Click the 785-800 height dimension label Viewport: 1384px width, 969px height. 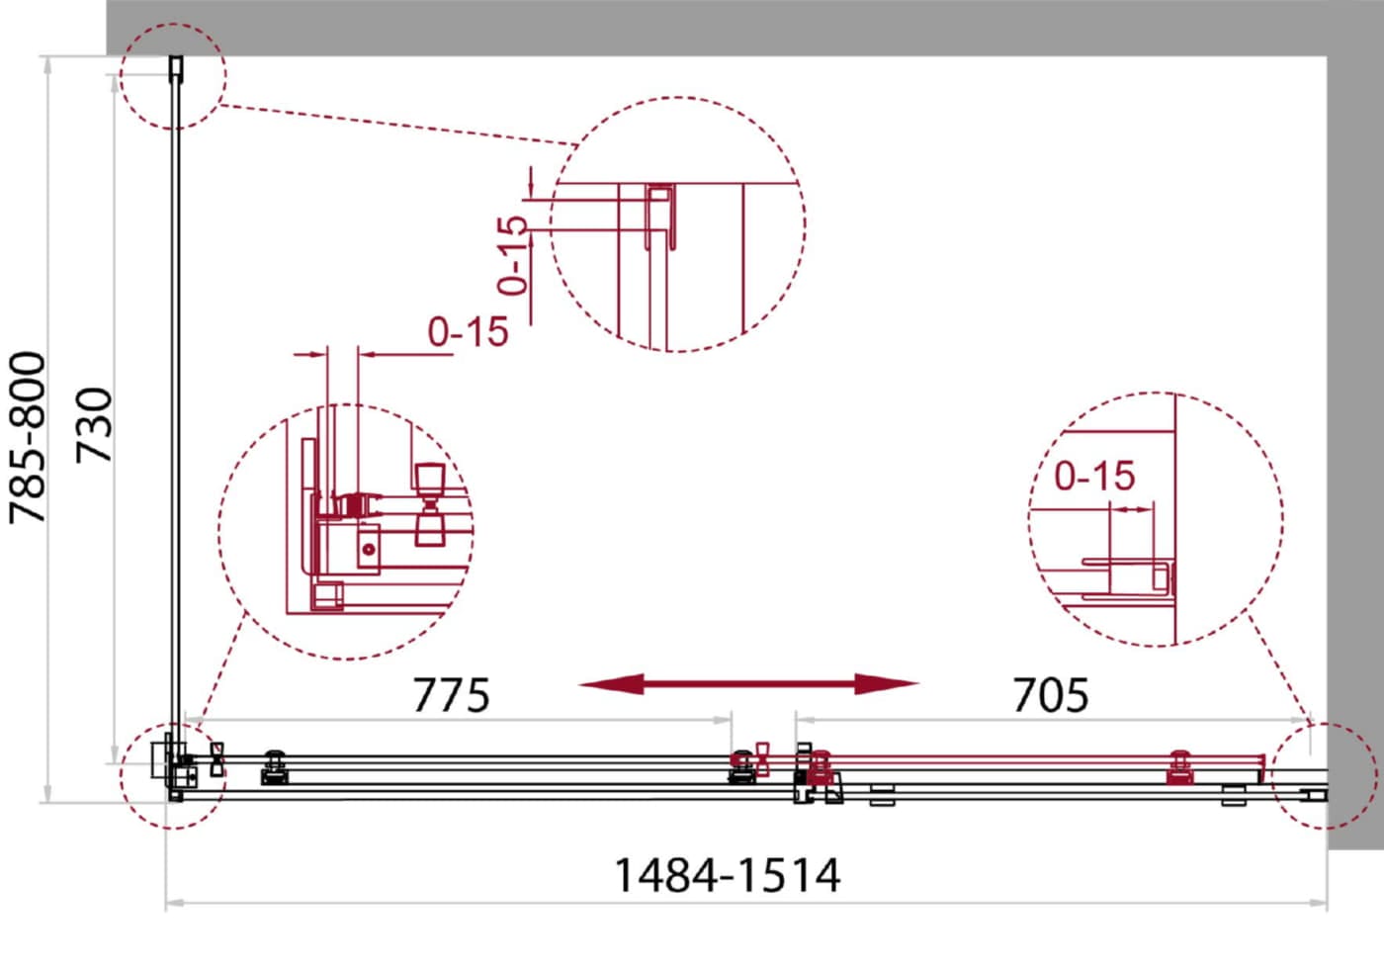(28, 437)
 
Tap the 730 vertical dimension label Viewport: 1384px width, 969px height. (94, 425)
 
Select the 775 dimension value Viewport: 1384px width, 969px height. (451, 694)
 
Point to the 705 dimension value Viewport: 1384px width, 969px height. (1050, 694)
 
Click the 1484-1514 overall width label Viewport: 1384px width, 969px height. (728, 875)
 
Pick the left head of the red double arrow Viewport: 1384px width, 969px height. (612, 684)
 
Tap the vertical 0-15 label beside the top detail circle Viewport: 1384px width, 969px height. (513, 255)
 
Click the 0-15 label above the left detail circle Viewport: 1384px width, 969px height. (468, 331)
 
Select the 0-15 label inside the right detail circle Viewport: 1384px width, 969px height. (1094, 476)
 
